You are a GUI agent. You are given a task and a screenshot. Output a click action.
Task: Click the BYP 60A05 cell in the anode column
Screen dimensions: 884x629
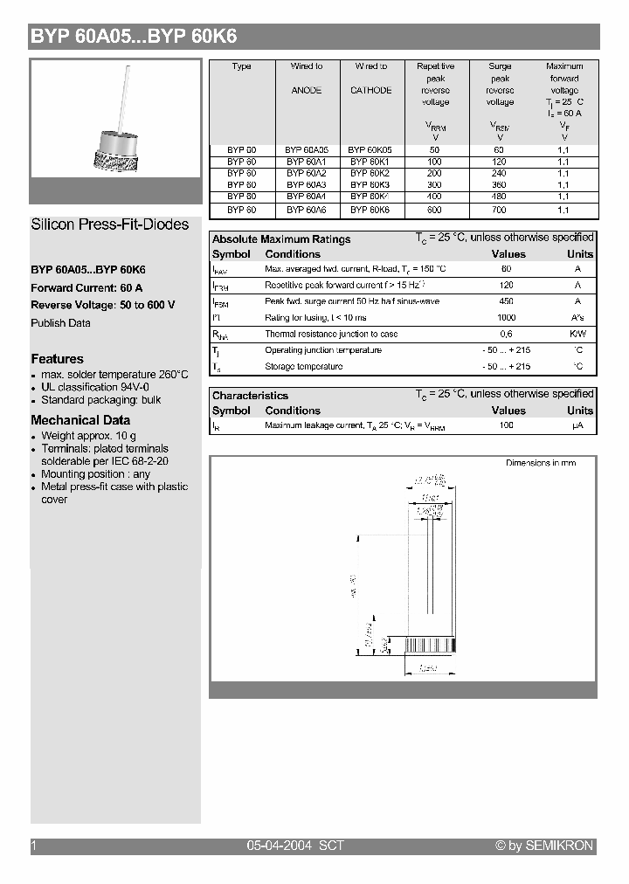click(306, 150)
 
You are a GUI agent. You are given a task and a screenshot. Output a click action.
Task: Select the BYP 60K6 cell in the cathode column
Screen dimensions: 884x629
click(370, 210)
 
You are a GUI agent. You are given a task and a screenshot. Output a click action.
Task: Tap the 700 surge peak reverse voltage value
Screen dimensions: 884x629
click(500, 210)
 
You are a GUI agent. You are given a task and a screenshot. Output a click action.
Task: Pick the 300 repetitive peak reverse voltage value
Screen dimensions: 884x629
click(435, 185)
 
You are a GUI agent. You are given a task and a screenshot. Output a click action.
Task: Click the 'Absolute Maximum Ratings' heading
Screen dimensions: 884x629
click(281, 239)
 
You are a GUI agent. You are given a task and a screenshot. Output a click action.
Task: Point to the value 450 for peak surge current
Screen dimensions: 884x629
click(506, 301)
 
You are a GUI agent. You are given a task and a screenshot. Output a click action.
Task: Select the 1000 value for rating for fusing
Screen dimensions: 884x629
click(506, 318)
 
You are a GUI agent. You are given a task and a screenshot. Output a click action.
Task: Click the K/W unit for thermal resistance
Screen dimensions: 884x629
click(577, 335)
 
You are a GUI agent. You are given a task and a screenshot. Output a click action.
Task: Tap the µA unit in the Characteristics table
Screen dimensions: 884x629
click(577, 425)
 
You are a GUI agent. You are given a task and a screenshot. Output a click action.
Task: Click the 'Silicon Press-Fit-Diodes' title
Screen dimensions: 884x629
click(110, 224)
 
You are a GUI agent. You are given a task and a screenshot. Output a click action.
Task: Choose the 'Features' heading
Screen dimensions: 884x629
click(58, 359)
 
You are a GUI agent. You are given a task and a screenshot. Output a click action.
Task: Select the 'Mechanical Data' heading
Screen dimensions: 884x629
click(80, 420)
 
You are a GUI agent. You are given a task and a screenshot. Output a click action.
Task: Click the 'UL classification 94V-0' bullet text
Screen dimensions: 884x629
click(95, 387)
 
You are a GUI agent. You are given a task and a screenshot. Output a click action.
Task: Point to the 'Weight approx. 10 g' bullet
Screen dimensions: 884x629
click(88, 436)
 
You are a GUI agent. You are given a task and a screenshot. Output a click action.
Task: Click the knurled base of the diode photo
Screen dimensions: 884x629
click(116, 160)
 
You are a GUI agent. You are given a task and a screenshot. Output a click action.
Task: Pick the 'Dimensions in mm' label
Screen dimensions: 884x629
click(541, 463)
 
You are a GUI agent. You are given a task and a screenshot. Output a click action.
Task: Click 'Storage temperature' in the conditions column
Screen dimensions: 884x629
click(303, 367)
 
